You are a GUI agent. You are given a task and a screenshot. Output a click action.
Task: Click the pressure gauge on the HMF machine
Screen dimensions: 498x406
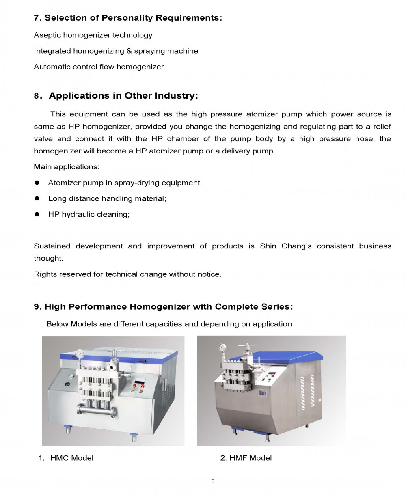click(x=222, y=348)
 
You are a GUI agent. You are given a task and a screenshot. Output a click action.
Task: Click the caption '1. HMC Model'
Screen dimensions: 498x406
click(x=66, y=458)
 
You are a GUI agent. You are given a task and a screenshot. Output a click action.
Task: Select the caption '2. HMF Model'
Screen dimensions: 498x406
click(x=246, y=458)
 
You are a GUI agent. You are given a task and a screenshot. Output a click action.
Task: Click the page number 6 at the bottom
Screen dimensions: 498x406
click(x=212, y=481)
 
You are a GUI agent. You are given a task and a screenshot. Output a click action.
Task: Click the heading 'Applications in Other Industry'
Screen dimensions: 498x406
click(x=123, y=96)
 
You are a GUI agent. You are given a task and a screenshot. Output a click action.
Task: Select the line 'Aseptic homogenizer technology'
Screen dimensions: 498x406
click(x=93, y=35)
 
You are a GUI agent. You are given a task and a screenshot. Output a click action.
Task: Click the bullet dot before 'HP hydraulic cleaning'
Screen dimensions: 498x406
click(x=37, y=214)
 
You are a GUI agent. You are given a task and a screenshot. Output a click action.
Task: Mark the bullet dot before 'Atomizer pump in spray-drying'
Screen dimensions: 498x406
click(x=37, y=183)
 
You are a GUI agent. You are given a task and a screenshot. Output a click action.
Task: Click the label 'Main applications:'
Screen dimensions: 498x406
click(x=66, y=167)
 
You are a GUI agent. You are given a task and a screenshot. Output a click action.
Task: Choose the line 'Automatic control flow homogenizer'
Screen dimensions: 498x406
click(x=99, y=67)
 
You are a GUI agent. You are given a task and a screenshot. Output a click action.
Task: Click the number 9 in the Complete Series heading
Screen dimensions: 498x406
click(x=37, y=307)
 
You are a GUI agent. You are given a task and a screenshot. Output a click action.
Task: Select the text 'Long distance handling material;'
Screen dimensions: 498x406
click(x=107, y=198)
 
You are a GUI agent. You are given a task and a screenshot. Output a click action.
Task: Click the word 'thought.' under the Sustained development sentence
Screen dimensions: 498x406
click(x=48, y=258)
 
